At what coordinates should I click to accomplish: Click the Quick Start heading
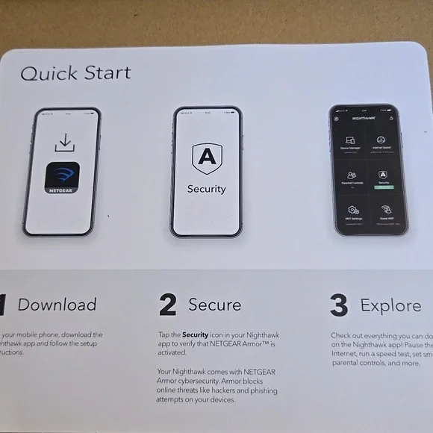(x=75, y=73)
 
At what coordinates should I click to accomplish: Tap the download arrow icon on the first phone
(x=63, y=142)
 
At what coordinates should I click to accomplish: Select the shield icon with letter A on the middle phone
(x=206, y=159)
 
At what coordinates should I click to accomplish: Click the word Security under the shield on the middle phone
(x=206, y=189)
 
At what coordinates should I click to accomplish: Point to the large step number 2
(x=167, y=305)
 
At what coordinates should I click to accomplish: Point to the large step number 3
(x=339, y=305)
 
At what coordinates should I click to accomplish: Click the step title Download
(x=57, y=305)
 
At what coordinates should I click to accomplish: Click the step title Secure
(x=214, y=305)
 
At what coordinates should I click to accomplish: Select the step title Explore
(x=390, y=305)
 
